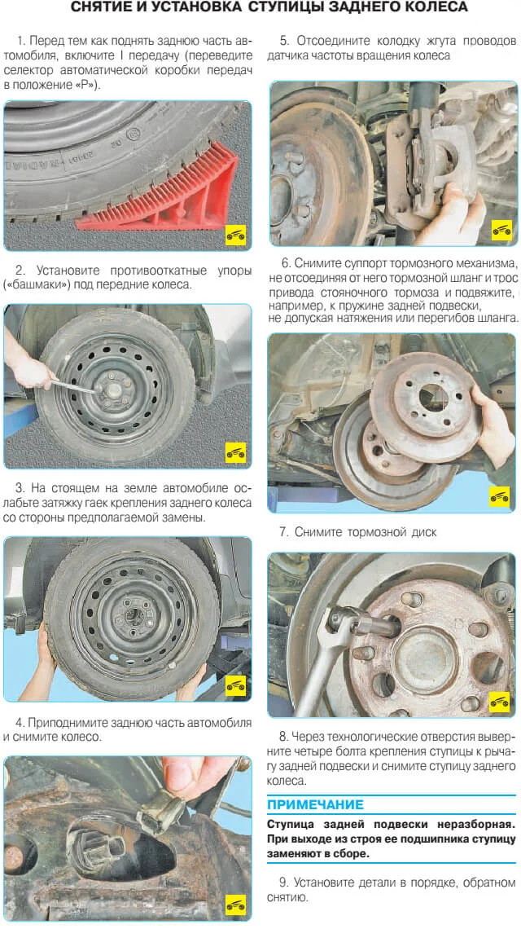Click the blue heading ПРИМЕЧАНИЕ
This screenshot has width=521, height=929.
(x=316, y=804)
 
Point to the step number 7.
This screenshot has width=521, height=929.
(x=283, y=532)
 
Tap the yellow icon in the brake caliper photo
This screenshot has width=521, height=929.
(x=501, y=230)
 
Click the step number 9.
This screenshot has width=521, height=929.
(x=284, y=883)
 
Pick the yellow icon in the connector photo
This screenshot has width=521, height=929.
(x=235, y=905)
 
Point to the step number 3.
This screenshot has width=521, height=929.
(x=20, y=488)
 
